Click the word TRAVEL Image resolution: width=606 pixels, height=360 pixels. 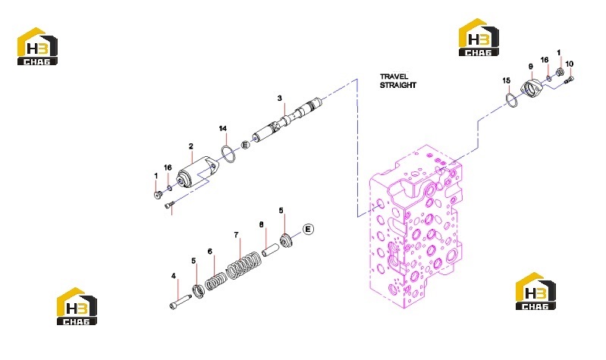pos(394,77)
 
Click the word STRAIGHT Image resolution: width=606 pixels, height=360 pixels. pos(398,85)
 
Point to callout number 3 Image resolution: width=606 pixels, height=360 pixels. pos(280,99)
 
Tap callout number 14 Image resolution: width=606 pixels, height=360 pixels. pos(223,129)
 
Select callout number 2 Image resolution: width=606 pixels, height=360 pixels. pos(191,146)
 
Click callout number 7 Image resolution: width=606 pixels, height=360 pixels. pos(236,235)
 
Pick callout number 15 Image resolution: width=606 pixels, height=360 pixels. pos(507,81)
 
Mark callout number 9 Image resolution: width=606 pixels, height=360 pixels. pos(531,67)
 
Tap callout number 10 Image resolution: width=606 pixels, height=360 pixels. pos(570,64)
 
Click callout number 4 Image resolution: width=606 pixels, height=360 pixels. pos(174,276)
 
